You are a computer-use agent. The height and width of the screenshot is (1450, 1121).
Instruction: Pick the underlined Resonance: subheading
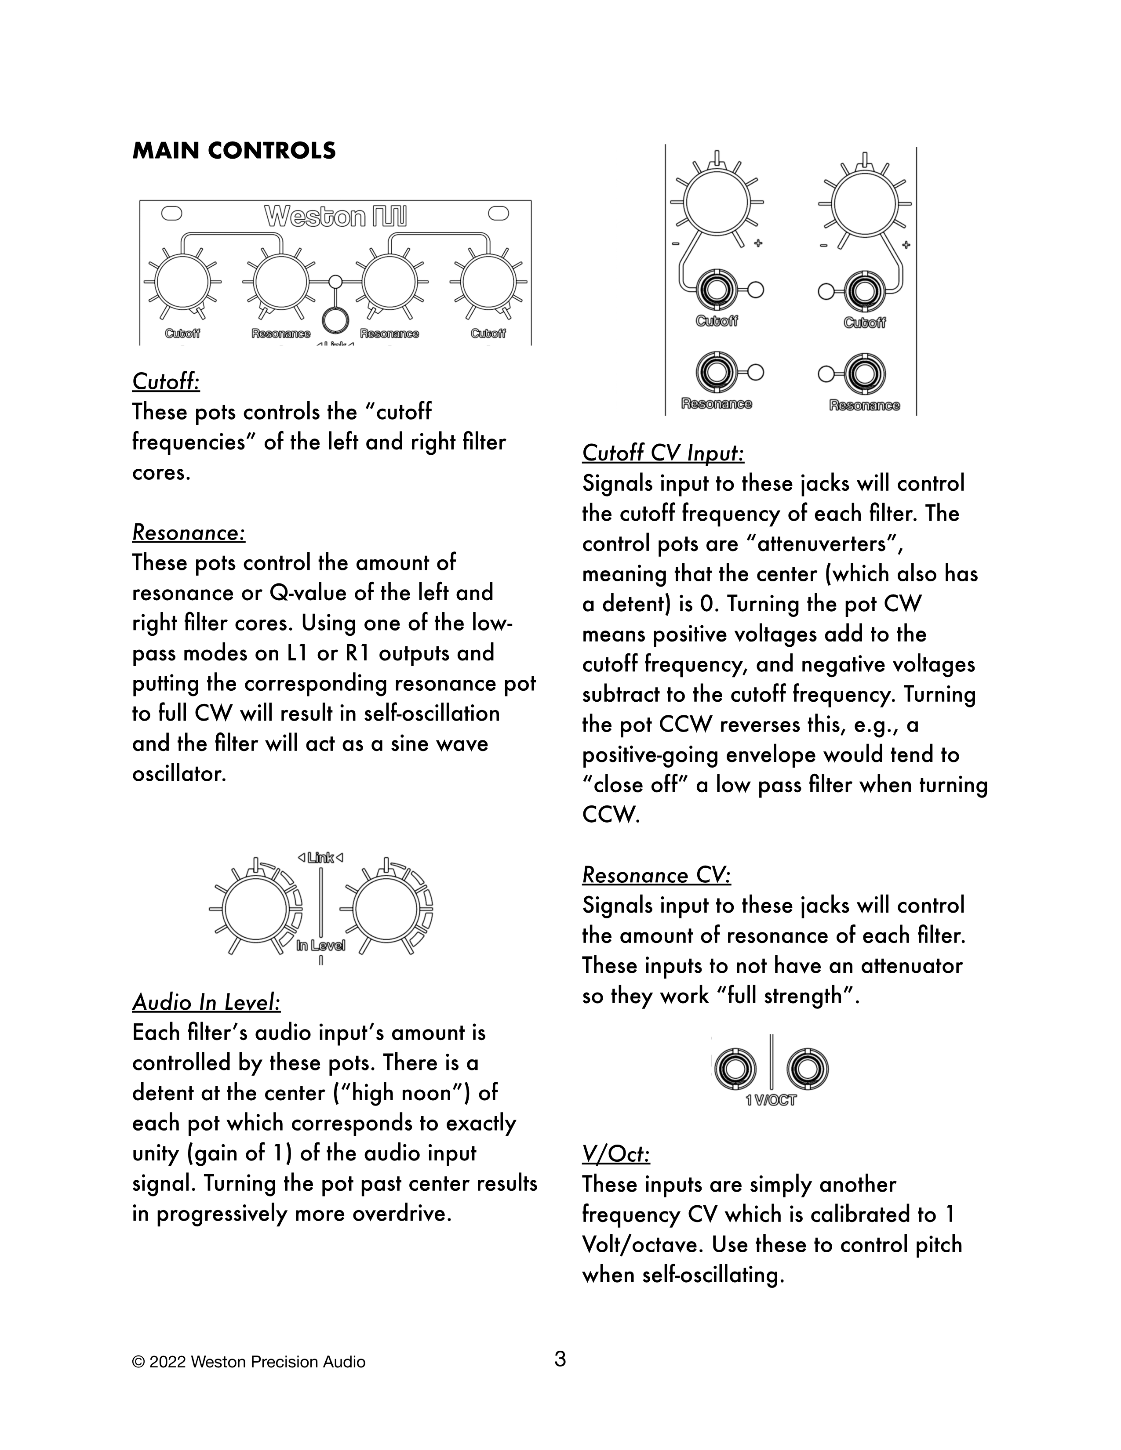pyautogui.click(x=189, y=533)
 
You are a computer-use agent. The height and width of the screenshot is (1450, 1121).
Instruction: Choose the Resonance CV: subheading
pyautogui.click(x=656, y=876)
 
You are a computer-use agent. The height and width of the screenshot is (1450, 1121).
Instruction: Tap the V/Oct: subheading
pyautogui.click(x=615, y=1155)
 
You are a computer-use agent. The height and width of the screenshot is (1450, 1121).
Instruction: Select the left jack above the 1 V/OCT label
pyautogui.click(x=735, y=1068)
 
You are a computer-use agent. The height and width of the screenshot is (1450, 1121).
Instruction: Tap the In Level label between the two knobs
pyautogui.click(x=321, y=946)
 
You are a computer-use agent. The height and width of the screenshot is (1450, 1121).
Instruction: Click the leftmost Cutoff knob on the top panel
pyautogui.click(x=182, y=282)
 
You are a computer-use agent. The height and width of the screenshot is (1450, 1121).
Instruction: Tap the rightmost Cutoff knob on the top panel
pyautogui.click(x=488, y=282)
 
